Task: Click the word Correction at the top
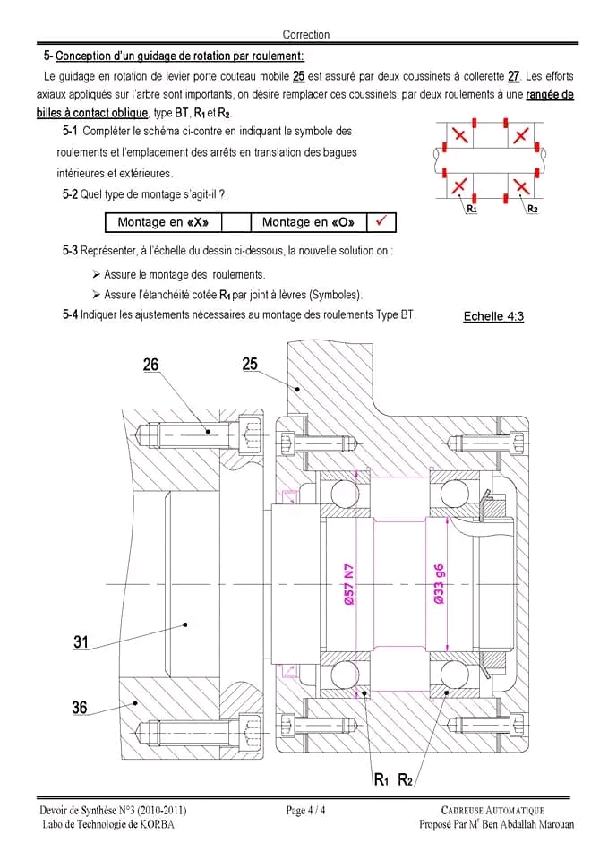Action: point(306,35)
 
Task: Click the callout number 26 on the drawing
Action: point(151,365)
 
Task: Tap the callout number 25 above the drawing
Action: point(250,363)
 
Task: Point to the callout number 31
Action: point(81,641)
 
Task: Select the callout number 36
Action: point(80,708)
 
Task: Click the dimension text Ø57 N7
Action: point(349,585)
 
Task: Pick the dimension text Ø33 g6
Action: point(440,585)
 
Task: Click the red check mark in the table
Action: point(381,221)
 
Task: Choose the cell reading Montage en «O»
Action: point(307,222)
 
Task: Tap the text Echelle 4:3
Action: point(493,316)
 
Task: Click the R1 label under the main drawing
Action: point(381,780)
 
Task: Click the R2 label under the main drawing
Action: point(405,780)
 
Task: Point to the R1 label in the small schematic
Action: point(472,209)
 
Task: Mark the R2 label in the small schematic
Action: point(532,209)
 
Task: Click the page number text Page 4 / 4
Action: point(306,811)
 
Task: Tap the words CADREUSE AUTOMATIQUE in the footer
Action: point(492,811)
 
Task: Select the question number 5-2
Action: point(70,193)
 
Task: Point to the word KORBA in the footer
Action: point(157,825)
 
